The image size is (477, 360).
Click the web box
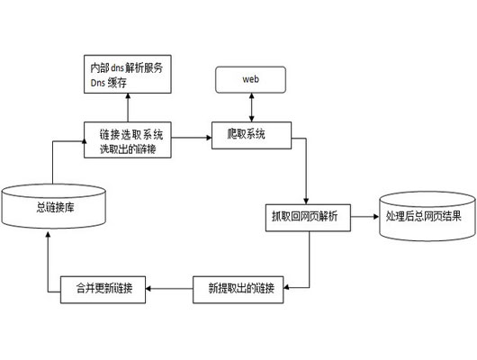251,79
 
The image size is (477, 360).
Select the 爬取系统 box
251,135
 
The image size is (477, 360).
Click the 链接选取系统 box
131,140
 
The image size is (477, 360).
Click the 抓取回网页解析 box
306,217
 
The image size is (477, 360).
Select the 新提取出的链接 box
240,288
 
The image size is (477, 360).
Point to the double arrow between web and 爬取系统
251,106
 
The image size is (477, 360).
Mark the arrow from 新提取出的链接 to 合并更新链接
171,288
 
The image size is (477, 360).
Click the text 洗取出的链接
131,148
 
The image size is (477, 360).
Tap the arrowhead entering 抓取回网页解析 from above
306,200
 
